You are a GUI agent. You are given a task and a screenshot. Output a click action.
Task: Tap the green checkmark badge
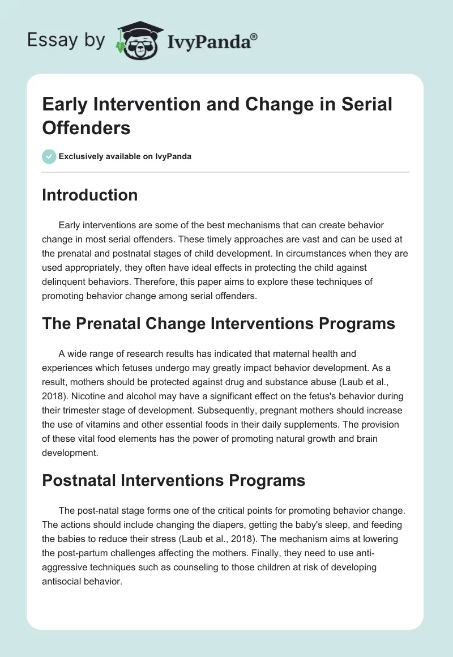click(x=49, y=156)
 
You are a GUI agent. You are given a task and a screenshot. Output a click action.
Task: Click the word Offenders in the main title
click(x=86, y=127)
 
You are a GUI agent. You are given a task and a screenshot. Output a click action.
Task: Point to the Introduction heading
click(x=89, y=195)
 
